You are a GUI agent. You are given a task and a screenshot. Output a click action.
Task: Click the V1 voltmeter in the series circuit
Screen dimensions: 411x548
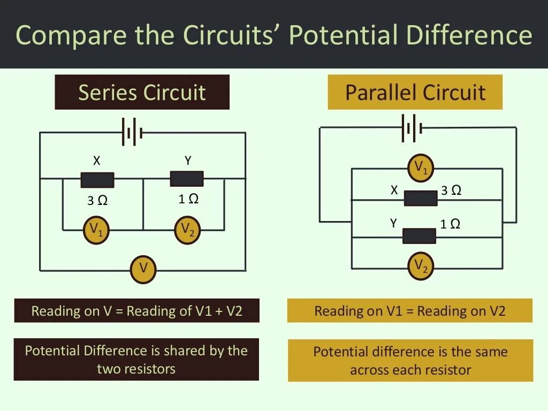tap(96, 231)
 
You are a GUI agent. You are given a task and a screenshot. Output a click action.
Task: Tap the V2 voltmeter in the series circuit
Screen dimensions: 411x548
tap(187, 231)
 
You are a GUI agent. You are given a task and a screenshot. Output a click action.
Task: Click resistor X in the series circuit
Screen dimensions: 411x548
tap(97, 180)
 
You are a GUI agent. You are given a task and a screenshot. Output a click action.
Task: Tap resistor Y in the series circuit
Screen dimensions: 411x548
tap(187, 179)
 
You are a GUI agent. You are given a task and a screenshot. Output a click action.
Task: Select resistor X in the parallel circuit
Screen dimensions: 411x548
tap(421, 198)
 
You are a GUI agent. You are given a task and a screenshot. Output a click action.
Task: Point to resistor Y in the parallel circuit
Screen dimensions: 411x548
tap(419, 236)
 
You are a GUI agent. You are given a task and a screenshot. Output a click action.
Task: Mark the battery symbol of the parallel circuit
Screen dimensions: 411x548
tap(412, 128)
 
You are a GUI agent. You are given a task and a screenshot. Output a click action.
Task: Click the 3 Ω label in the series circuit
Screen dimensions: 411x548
tap(97, 201)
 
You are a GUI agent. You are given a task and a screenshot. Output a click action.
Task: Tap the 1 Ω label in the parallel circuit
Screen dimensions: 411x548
tap(450, 224)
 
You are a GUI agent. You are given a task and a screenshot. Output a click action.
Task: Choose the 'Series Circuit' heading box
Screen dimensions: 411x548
tap(142, 92)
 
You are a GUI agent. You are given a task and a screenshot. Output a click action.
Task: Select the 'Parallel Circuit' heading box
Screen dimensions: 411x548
tap(415, 92)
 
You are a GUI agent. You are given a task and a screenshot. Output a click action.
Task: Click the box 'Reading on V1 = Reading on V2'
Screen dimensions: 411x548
tap(409, 311)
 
